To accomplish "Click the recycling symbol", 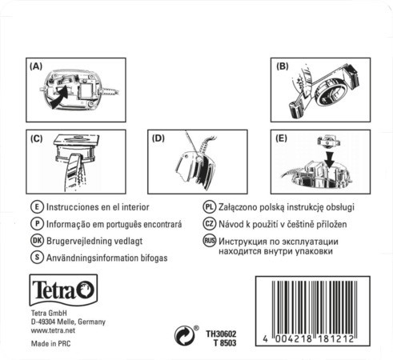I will click(185, 333).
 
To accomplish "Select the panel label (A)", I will click(36, 67).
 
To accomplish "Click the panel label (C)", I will click(36, 138).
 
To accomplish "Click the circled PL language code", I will click(210, 206).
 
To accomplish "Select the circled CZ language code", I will click(210, 223).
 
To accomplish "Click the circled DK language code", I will click(36, 240).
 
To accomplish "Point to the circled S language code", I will click(36, 257).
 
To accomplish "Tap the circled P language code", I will click(36, 223).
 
